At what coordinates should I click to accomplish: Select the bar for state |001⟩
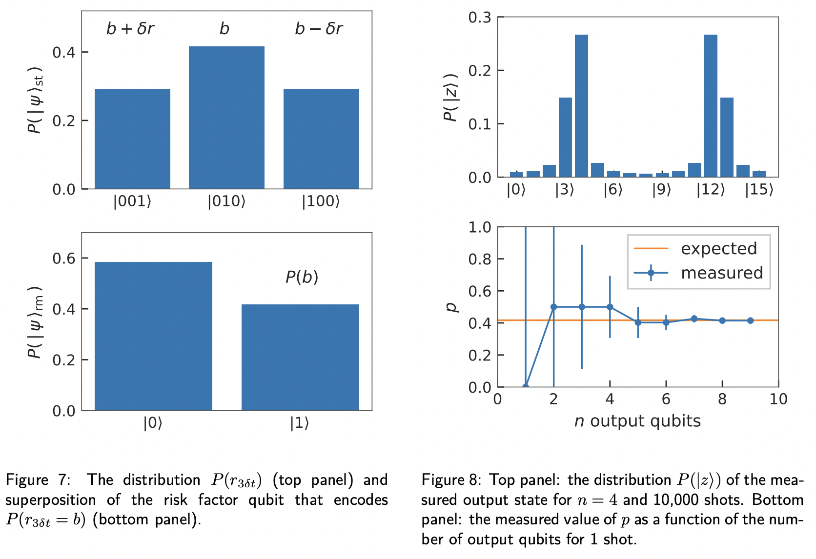[132, 139]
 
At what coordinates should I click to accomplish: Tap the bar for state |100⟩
[321, 139]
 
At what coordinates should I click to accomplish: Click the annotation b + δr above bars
[130, 29]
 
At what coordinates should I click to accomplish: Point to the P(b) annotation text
[302, 277]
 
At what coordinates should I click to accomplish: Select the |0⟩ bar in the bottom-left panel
[153, 337]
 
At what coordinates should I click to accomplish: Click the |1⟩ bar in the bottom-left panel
[300, 358]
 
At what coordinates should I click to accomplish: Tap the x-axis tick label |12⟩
[711, 190]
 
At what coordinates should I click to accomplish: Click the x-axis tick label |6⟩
[613, 190]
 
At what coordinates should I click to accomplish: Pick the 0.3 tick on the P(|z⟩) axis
[480, 18]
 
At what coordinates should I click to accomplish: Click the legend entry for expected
[718, 249]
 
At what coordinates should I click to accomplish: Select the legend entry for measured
[721, 273]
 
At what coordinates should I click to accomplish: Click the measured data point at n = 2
[553, 307]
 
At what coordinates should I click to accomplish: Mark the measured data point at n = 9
[750, 320]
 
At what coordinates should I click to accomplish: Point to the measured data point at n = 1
[526, 386]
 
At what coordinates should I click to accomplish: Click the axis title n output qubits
[637, 421]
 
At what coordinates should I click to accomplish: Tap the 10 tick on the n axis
[778, 399]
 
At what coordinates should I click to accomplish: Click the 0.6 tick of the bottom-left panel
[64, 258]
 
